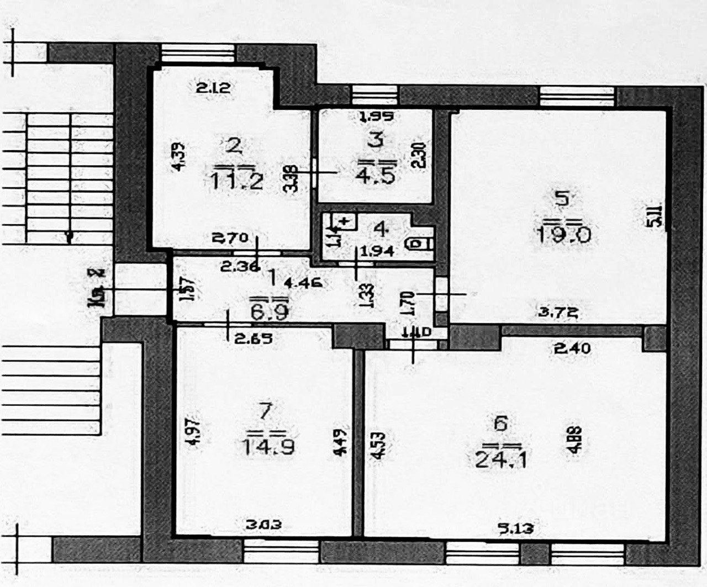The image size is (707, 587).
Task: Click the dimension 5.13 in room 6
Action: click(x=516, y=528)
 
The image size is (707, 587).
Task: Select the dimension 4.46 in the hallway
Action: click(x=304, y=284)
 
